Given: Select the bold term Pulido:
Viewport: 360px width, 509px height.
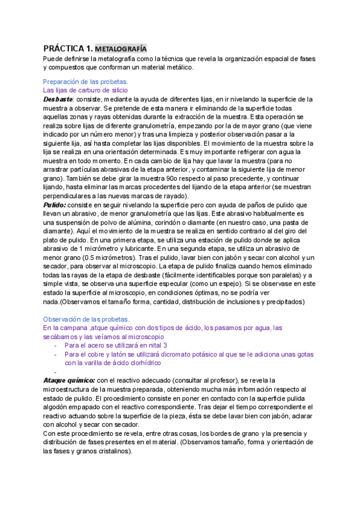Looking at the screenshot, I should [55, 205].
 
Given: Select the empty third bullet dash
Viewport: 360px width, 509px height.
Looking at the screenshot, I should [55, 372].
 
